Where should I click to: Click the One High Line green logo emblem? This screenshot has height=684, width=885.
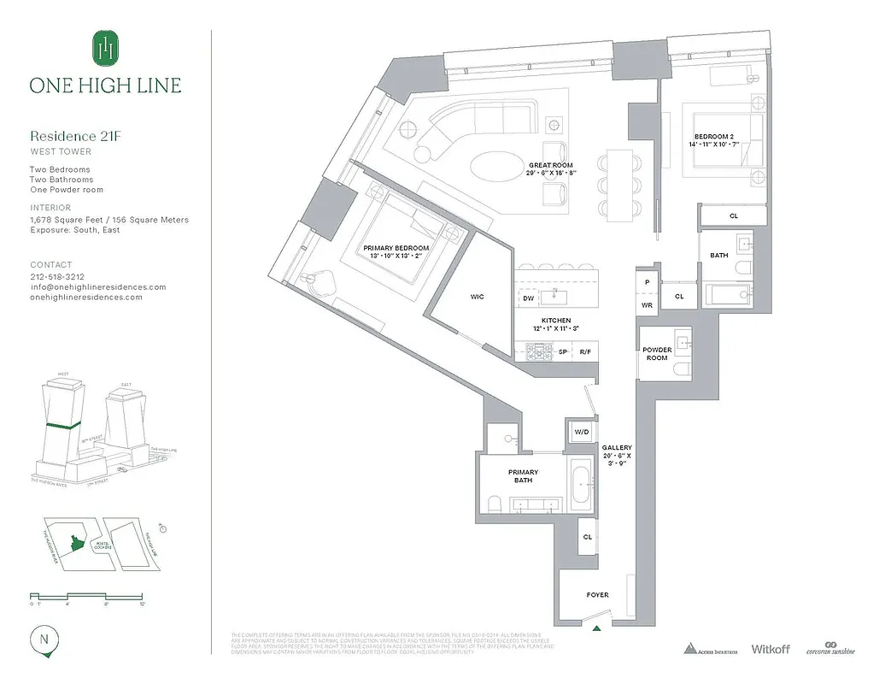[105, 48]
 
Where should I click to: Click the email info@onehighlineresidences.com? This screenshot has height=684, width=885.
[98, 287]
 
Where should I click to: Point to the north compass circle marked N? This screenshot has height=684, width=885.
[43, 639]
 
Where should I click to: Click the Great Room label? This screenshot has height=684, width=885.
[551, 165]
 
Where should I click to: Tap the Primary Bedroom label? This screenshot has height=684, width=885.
[396, 248]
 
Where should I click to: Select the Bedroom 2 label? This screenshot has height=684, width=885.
[712, 137]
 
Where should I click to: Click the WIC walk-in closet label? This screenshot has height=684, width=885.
[477, 297]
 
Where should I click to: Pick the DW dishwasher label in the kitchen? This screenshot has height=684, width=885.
[528, 298]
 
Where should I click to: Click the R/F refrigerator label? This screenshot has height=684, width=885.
[585, 351]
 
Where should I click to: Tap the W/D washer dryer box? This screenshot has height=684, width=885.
[582, 433]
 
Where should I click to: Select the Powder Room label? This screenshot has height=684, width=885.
[657, 354]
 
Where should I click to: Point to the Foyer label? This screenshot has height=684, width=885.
[597, 595]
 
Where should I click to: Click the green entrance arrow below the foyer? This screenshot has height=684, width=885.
[597, 630]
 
